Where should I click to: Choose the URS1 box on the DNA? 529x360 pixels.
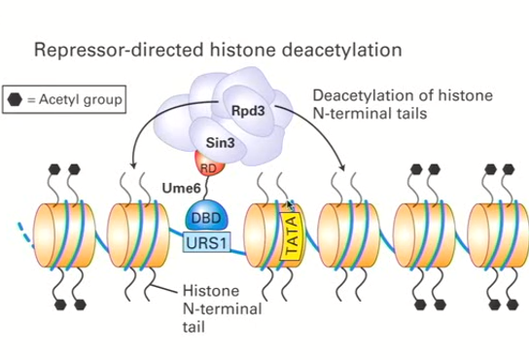click(205, 240)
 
